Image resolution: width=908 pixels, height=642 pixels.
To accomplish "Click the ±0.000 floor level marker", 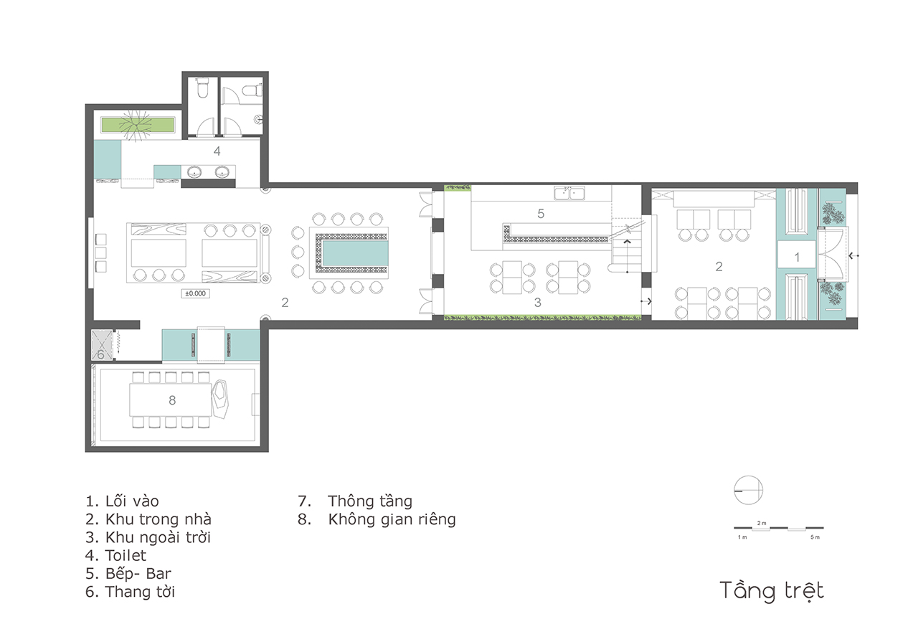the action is (x=195, y=293).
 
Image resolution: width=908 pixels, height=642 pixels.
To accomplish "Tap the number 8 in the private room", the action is (x=172, y=400).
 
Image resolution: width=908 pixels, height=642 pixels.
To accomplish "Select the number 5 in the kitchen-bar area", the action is (x=541, y=214).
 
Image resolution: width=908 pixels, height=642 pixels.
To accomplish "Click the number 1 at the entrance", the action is (x=797, y=257).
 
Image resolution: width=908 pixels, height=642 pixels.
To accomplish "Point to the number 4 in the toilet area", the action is (x=217, y=151).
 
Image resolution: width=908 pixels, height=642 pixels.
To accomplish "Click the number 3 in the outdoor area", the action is (x=537, y=303).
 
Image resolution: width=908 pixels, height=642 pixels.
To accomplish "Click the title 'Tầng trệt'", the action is (x=772, y=591).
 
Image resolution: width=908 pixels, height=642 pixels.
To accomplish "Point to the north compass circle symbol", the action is (x=748, y=490).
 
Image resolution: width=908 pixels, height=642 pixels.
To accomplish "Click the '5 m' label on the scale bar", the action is (x=815, y=537).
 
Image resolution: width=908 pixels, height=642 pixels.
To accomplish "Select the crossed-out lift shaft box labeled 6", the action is (x=101, y=345).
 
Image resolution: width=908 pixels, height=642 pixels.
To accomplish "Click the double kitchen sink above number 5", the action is (x=569, y=193).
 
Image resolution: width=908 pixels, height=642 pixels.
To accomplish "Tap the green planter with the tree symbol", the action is (x=138, y=125).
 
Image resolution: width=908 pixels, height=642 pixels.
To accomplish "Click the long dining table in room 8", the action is (x=171, y=400).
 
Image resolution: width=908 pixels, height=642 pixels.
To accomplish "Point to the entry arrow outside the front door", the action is (x=853, y=256).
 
